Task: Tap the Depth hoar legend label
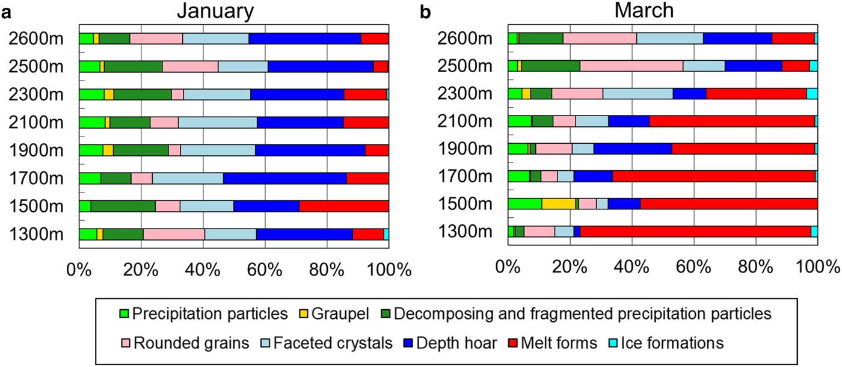[464, 343]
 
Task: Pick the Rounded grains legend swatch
[126, 343]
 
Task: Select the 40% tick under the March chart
[632, 269]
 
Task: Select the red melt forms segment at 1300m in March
[695, 232]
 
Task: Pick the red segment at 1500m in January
[343, 206]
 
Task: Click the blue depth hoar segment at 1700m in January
[284, 178]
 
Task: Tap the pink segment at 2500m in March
[631, 66]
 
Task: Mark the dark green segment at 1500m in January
[123, 206]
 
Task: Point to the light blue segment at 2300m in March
[638, 93]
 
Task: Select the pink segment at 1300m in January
[174, 234]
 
